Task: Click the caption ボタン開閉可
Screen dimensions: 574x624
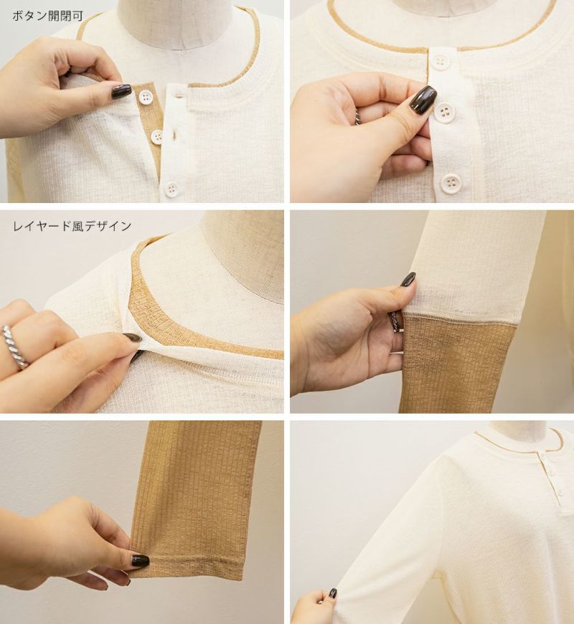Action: pos(48,16)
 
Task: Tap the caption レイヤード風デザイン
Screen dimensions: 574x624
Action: pos(72,226)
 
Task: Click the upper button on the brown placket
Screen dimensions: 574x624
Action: pos(144,98)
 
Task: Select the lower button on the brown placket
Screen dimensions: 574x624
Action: pos(157,137)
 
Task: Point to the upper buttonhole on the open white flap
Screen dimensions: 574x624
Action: pos(177,95)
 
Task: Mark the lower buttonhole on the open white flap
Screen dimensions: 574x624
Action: pos(174,136)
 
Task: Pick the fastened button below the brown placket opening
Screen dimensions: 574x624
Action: pos(172,189)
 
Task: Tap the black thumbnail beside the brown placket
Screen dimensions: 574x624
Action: pos(121,91)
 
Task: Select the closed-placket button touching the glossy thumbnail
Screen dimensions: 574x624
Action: pos(444,112)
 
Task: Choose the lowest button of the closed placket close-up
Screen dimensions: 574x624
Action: pos(451,183)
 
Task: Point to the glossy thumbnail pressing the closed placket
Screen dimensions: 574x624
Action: pos(423,99)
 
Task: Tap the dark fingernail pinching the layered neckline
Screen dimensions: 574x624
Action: pos(133,338)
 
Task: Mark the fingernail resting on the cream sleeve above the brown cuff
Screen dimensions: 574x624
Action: pos(408,280)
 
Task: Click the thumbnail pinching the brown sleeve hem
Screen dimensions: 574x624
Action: pos(140,561)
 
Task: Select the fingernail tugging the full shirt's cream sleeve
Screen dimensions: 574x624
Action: pos(333,593)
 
